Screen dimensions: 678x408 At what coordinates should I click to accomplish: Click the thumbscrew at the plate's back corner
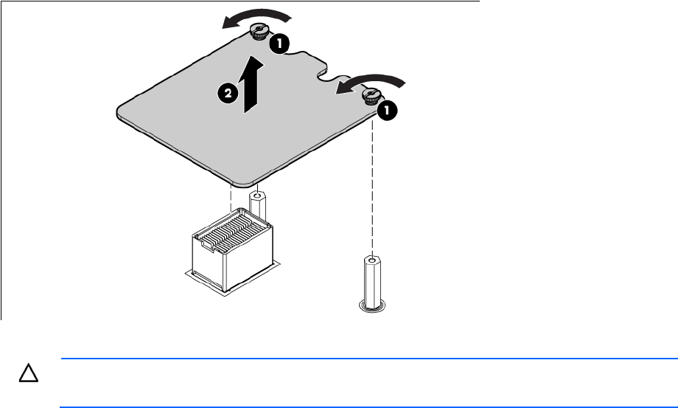click(x=259, y=32)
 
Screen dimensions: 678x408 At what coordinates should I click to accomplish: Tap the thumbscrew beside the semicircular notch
click(x=371, y=96)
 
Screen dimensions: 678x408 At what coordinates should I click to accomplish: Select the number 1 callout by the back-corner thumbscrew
click(x=280, y=44)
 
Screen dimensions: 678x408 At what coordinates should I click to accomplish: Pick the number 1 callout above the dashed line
click(x=387, y=111)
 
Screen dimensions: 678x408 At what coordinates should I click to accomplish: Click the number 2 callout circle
click(x=228, y=94)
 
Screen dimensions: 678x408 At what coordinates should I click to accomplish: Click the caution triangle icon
click(x=29, y=373)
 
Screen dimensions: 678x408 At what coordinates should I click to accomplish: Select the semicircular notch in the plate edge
click(x=329, y=76)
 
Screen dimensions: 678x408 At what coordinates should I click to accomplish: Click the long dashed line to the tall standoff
click(x=372, y=188)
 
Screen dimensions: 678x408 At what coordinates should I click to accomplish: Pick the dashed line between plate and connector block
click(x=231, y=199)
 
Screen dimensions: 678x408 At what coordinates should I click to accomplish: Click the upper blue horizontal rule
click(x=369, y=359)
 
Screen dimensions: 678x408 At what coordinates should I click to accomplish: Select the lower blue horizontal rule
click(x=368, y=407)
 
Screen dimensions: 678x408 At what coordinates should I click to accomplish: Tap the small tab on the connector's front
click(x=207, y=246)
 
